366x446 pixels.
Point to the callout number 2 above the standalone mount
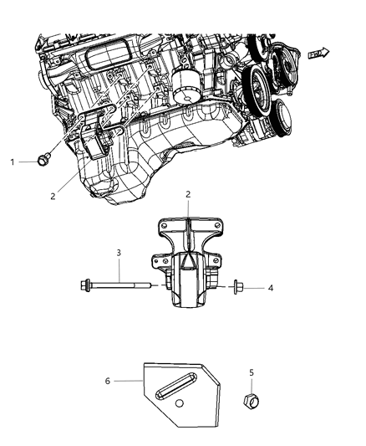point(187,218)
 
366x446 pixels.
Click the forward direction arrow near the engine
point(318,53)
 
